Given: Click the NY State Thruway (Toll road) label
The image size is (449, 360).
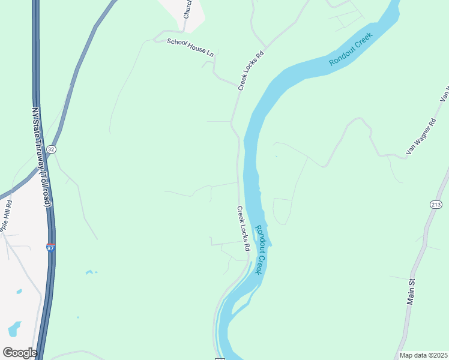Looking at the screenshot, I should click(x=40, y=157).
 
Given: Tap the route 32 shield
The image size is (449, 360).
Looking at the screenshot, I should click(x=52, y=149).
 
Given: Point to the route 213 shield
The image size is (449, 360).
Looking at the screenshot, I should click(x=436, y=205).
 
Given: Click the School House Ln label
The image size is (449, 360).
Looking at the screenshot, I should click(x=190, y=47).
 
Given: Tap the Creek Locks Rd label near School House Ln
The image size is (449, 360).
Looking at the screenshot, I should click(x=251, y=70).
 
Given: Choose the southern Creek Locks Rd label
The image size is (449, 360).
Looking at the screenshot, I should click(x=243, y=229).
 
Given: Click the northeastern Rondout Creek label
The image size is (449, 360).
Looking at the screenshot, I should click(x=351, y=49).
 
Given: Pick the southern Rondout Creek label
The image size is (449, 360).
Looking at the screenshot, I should click(x=259, y=250).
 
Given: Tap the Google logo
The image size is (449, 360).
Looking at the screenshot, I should click(x=20, y=353).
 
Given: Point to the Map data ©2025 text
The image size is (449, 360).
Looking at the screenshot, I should click(x=423, y=355).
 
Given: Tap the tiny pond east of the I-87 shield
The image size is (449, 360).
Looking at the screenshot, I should click(x=90, y=272).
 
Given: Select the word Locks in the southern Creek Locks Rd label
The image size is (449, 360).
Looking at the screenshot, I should click(x=243, y=229).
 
